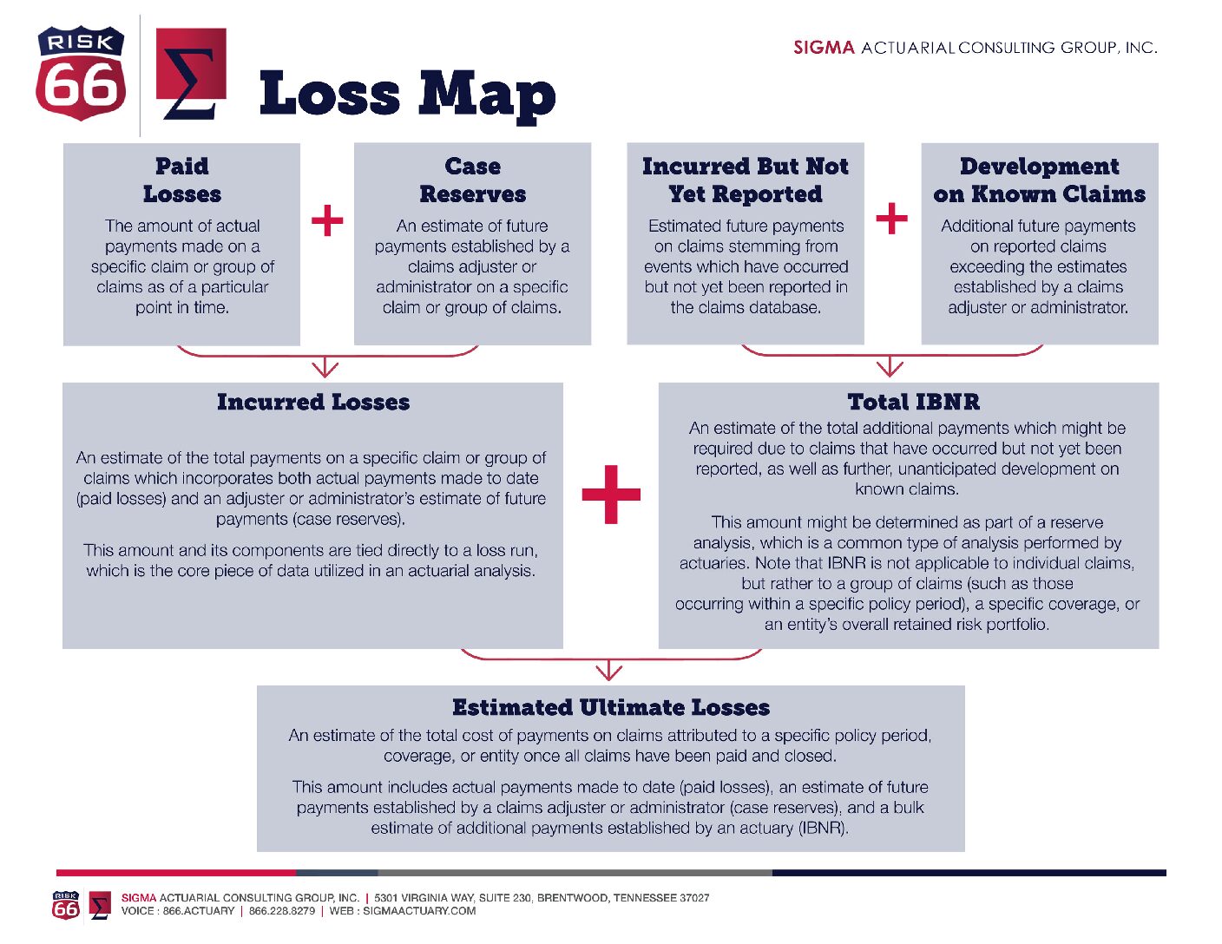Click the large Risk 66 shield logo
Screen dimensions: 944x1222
pyautogui.click(x=81, y=73)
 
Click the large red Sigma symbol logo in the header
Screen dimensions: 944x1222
pyautogui.click(x=190, y=74)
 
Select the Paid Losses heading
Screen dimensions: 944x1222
pyautogui.click(x=182, y=180)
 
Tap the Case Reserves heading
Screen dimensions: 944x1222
pyautogui.click(x=473, y=180)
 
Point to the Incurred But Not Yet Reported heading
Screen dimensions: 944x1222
pyautogui.click(x=746, y=180)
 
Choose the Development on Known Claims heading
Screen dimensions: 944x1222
pyautogui.click(x=1040, y=180)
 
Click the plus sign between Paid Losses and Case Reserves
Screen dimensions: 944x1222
pyautogui.click(x=327, y=220)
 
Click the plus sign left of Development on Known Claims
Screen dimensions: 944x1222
pyautogui.click(x=891, y=218)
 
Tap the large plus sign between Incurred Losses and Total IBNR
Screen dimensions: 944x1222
pyautogui.click(x=611, y=495)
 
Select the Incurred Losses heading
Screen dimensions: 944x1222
pyautogui.click(x=313, y=402)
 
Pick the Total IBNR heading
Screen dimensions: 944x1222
pyautogui.click(x=914, y=402)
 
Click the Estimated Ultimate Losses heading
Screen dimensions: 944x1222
pyautogui.click(x=611, y=707)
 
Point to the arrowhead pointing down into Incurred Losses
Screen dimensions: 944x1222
pyautogui.click(x=325, y=369)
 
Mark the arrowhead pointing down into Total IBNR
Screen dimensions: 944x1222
pyautogui.click(x=890, y=369)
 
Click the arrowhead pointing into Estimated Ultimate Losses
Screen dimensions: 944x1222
pyautogui.click(x=609, y=671)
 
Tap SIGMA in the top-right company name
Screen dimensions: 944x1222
pyautogui.click(x=824, y=48)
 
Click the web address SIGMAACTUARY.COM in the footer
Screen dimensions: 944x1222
pyautogui.click(x=419, y=911)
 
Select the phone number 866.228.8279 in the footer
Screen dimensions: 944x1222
pyautogui.click(x=282, y=911)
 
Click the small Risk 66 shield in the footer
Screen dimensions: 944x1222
pyautogui.click(x=66, y=905)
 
